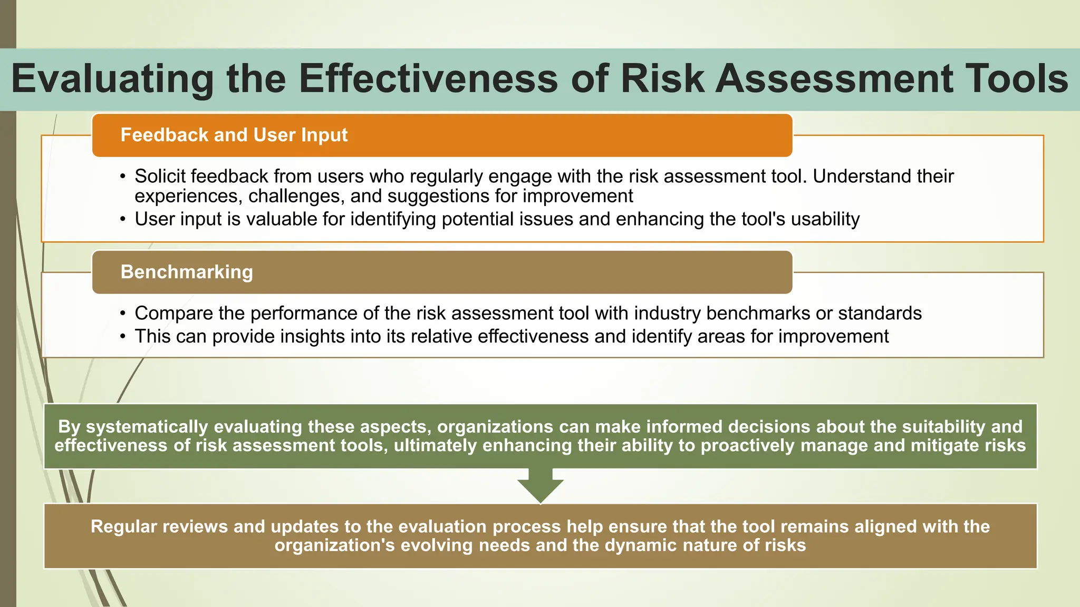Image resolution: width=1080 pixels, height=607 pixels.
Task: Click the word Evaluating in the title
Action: [112, 79]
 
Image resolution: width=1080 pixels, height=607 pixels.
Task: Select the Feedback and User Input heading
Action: [234, 135]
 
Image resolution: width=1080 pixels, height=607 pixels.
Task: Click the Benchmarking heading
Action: [187, 272]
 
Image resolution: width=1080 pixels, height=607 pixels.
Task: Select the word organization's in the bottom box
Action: [334, 545]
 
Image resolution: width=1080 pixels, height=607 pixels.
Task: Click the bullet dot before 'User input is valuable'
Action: [123, 219]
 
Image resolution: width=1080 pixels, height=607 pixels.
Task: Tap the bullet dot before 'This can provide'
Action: [123, 336]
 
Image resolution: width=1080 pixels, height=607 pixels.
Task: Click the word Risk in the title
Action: [662, 79]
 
